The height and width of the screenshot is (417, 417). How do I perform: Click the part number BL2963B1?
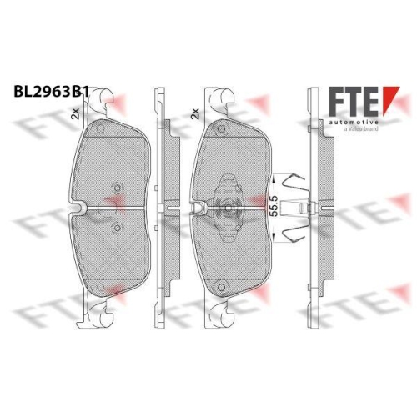pos(52,92)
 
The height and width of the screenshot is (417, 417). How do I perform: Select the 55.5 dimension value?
pos(274,206)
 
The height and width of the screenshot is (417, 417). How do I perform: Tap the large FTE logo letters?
pos(354,101)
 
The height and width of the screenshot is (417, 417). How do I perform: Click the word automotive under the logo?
pos(354,123)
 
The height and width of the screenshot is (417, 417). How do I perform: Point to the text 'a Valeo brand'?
pos(361,128)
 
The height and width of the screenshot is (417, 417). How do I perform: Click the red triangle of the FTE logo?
pos(390,99)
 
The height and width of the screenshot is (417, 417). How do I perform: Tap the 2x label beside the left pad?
pos(75,113)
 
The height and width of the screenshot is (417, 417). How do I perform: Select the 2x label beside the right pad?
pos(195,113)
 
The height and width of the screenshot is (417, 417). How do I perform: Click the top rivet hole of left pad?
pos(100,129)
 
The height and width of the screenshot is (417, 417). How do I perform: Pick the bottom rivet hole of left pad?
pos(100,287)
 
